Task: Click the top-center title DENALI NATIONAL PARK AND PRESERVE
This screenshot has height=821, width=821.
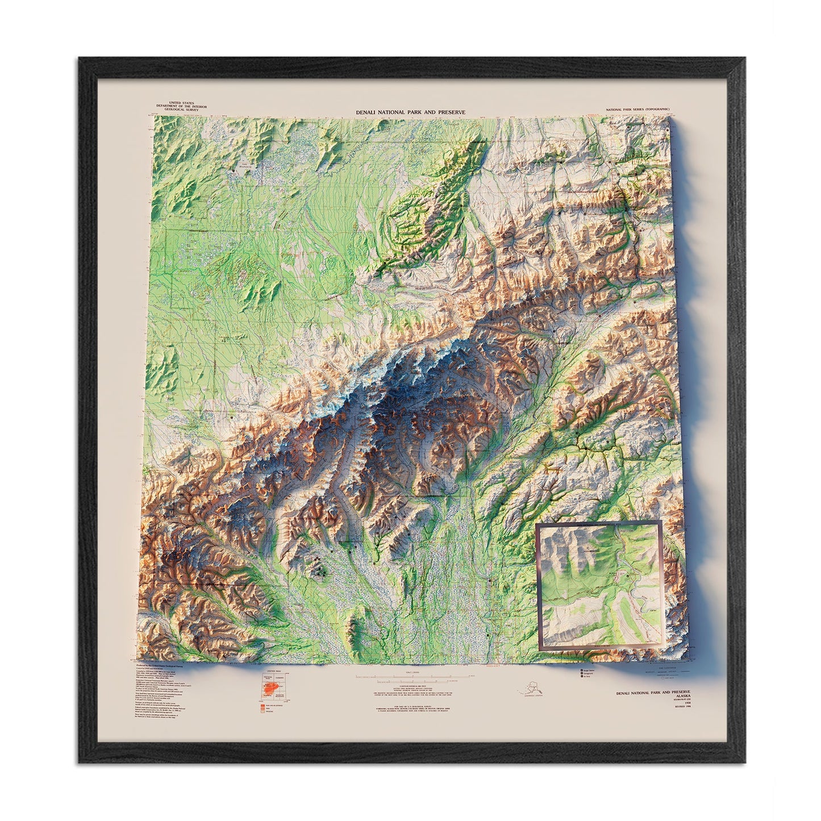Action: coord(410,112)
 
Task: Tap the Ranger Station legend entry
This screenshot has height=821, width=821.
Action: coord(589,670)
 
